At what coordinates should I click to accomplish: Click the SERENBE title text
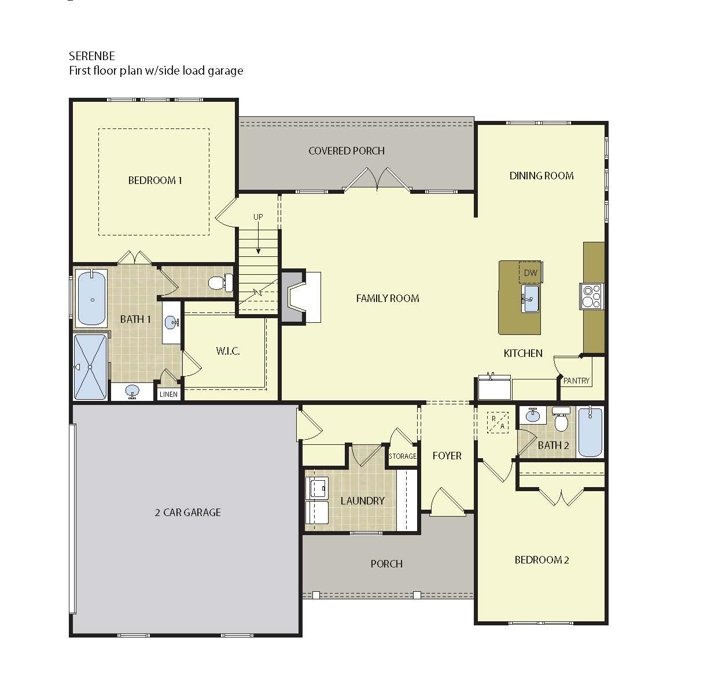pyautogui.click(x=92, y=56)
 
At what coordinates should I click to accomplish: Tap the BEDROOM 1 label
pyautogui.click(x=155, y=180)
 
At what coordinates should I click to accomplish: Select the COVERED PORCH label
pyautogui.click(x=347, y=151)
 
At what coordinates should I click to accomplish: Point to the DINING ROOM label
pyautogui.click(x=541, y=176)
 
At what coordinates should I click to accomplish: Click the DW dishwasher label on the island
pyautogui.click(x=531, y=272)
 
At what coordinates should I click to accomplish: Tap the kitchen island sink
pyautogui.click(x=530, y=299)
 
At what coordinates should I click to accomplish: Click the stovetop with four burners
pyautogui.click(x=591, y=296)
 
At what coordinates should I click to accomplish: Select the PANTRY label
pyautogui.click(x=576, y=381)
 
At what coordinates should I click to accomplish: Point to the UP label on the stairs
pyautogui.click(x=258, y=217)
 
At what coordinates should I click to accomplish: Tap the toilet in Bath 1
pyautogui.click(x=220, y=283)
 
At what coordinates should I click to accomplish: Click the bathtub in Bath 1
pyautogui.click(x=91, y=298)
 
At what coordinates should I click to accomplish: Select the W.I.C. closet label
pyautogui.click(x=228, y=351)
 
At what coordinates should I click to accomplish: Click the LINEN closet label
pyautogui.click(x=168, y=394)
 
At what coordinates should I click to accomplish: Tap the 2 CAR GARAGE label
pyautogui.click(x=188, y=512)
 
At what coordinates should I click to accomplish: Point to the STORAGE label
pyautogui.click(x=403, y=456)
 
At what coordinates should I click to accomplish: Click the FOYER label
pyautogui.click(x=447, y=456)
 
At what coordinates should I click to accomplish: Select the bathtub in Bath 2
pyautogui.click(x=590, y=432)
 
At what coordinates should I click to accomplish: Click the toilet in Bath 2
pyautogui.click(x=561, y=419)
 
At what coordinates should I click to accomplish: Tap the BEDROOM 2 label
pyautogui.click(x=541, y=560)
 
